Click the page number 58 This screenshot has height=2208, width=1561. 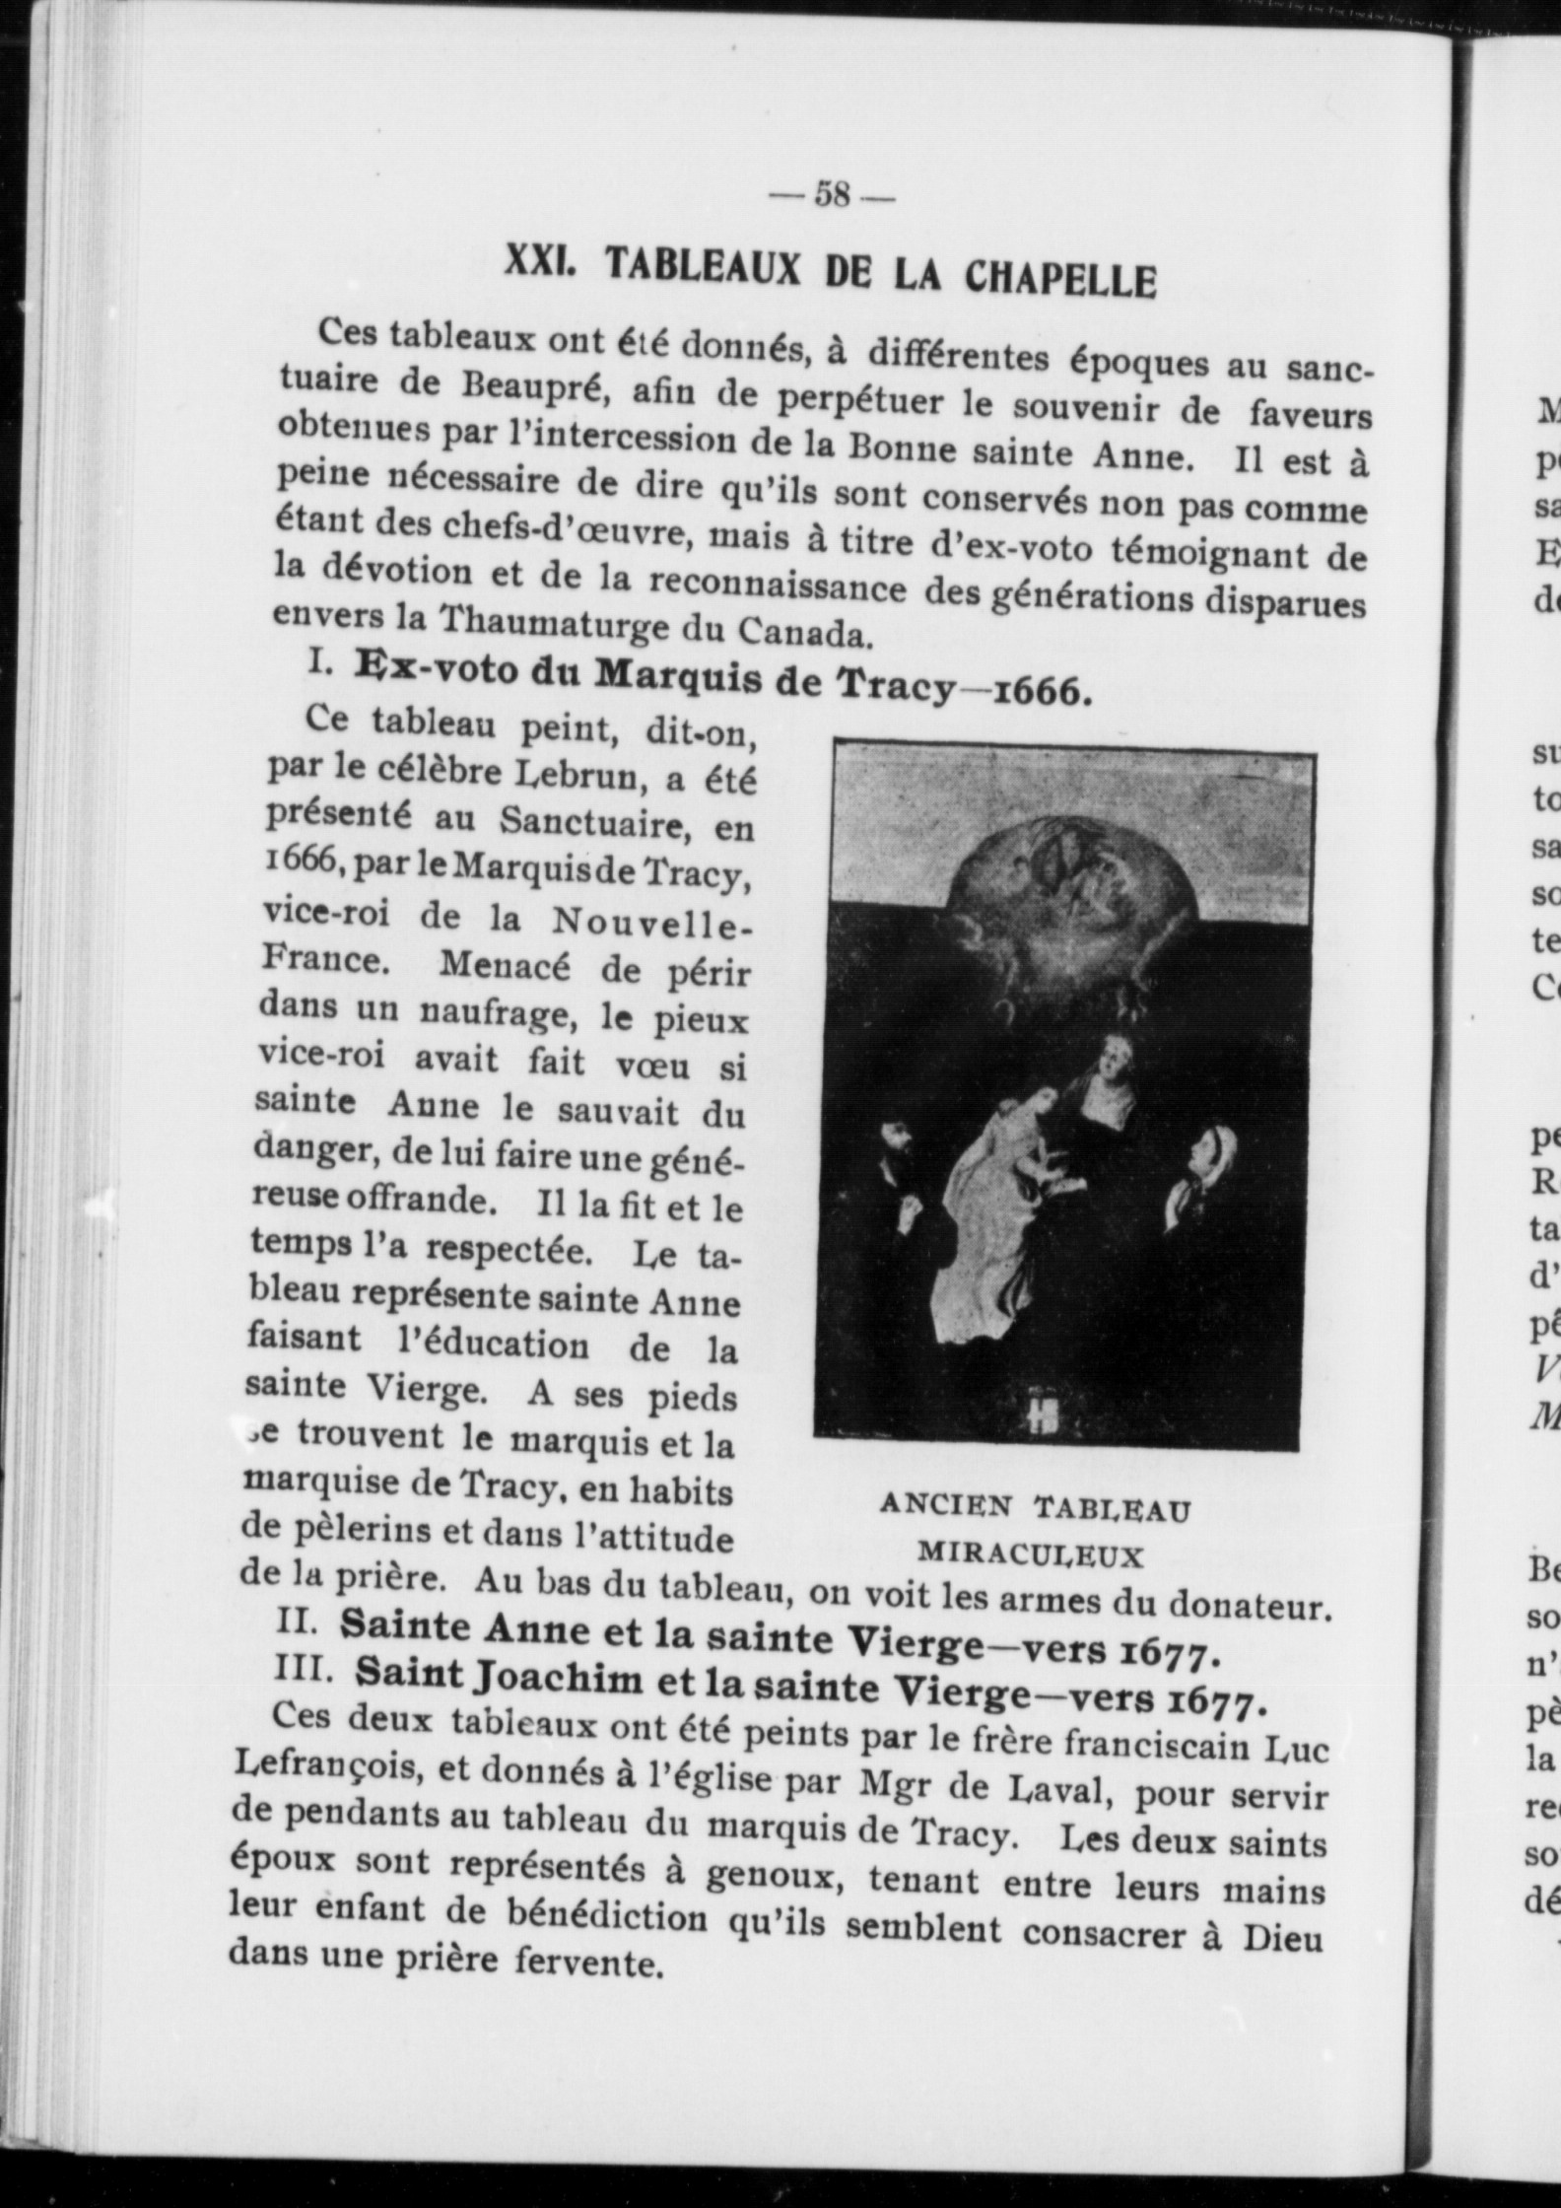(x=832, y=196)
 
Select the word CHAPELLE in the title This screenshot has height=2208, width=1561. (x=1059, y=279)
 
